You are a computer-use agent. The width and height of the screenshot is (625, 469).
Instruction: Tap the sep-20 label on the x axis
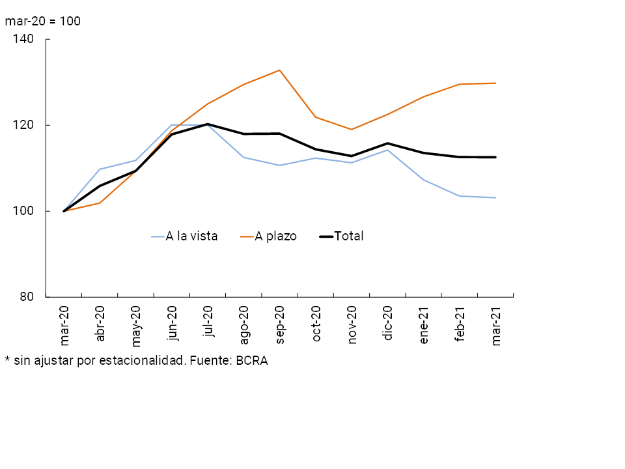(x=280, y=326)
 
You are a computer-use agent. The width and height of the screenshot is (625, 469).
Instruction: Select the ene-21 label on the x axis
(x=424, y=326)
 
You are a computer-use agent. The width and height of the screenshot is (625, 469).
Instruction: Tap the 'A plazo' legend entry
(x=275, y=236)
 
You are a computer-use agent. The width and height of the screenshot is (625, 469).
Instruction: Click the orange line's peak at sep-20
(x=280, y=70)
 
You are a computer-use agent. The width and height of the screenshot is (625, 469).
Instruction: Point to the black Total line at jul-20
(x=208, y=124)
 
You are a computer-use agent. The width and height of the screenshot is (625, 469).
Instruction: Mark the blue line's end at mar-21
(x=495, y=197)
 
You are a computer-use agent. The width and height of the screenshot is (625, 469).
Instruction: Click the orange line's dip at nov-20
(x=352, y=130)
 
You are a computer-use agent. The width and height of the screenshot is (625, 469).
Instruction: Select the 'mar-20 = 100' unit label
(x=43, y=21)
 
